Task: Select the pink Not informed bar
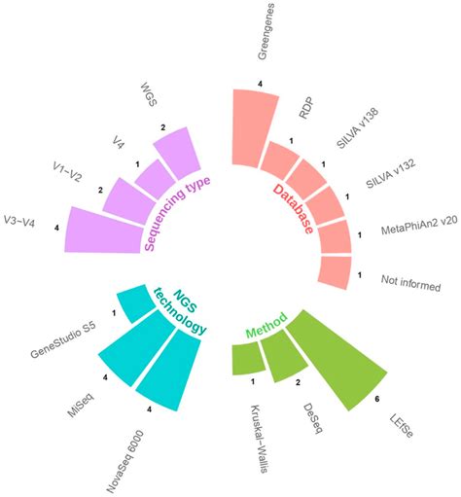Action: point(335,272)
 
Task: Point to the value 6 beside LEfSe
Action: point(376,399)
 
